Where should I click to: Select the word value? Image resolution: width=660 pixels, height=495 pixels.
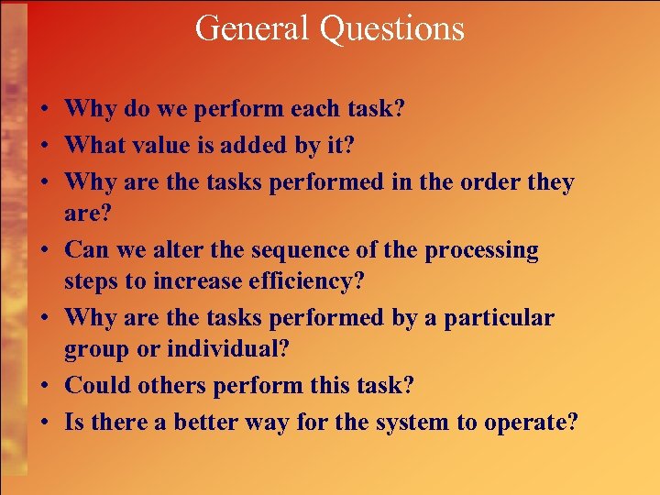point(169,144)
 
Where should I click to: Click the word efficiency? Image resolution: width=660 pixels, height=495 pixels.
point(305,280)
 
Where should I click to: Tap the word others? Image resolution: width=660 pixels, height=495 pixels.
point(173,385)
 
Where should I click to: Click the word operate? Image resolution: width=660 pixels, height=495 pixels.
point(534,423)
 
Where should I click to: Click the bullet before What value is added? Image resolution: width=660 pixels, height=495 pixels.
point(44,145)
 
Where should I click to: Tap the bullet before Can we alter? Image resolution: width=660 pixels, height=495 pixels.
point(44,250)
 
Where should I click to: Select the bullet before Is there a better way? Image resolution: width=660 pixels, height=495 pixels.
point(44,423)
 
